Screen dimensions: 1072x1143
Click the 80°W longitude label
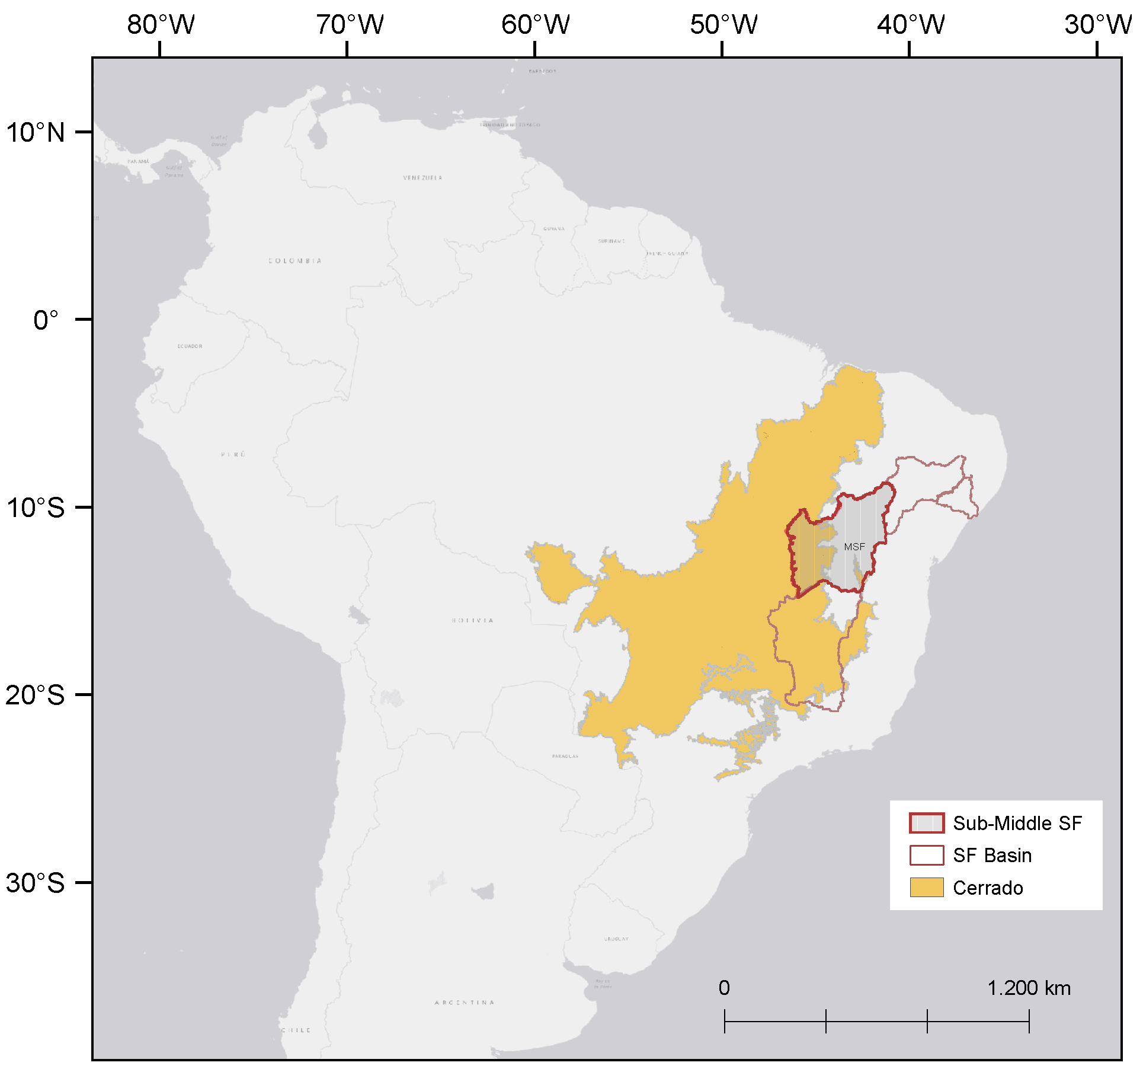coord(161,25)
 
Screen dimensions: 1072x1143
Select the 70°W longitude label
coord(349,25)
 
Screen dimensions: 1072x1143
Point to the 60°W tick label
coord(535,25)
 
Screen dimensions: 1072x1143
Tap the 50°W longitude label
coord(723,25)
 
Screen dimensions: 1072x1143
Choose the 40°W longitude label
coord(911,25)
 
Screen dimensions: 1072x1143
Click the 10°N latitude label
coord(36,132)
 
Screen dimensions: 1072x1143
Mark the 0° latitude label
coord(46,320)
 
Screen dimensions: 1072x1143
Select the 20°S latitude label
coord(36,695)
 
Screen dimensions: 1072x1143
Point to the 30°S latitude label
coord(36,883)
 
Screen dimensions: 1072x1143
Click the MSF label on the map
coord(854,547)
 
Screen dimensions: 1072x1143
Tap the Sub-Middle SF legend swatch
coord(926,823)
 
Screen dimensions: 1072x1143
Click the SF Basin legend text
coord(992,856)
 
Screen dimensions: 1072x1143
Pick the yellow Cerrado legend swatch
coord(926,888)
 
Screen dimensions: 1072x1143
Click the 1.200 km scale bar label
coord(1029,988)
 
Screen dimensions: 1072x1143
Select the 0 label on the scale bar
coord(724,988)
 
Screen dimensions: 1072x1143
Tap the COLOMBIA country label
coord(295,261)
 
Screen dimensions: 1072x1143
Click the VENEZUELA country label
coord(422,178)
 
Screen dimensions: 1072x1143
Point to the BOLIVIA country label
coord(472,620)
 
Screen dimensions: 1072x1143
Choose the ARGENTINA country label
coord(465,1003)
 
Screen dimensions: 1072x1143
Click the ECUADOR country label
coord(190,346)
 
